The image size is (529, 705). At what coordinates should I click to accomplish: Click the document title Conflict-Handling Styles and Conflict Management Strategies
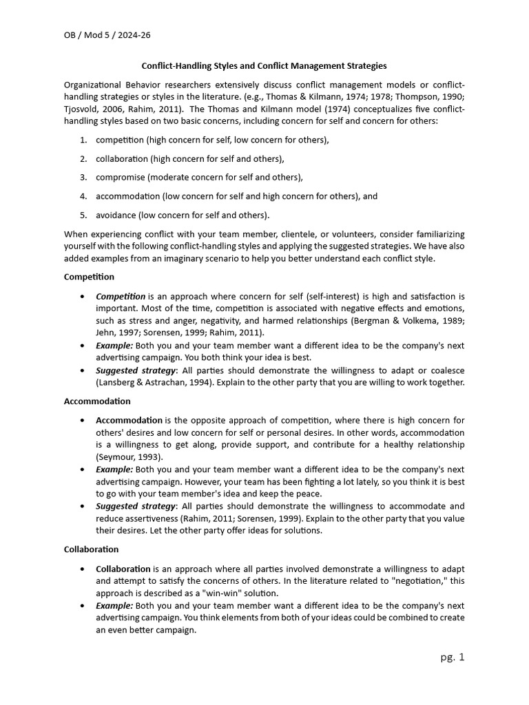[x=264, y=66]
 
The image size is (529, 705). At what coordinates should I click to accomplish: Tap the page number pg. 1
[x=453, y=657]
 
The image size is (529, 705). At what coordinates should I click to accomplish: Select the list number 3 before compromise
[x=83, y=177]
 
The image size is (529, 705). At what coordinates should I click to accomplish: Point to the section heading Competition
[x=89, y=277]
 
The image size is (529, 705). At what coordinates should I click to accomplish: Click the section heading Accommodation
[x=97, y=401]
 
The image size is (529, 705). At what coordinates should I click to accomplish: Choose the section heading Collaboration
[x=91, y=549]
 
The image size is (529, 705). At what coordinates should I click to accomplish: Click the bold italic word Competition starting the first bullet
[x=121, y=296]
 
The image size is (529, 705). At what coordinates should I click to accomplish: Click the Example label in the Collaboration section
[x=114, y=605]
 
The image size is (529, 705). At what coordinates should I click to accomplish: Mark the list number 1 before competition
[x=83, y=140]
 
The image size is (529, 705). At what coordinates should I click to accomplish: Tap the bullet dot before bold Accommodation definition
[x=83, y=420]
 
